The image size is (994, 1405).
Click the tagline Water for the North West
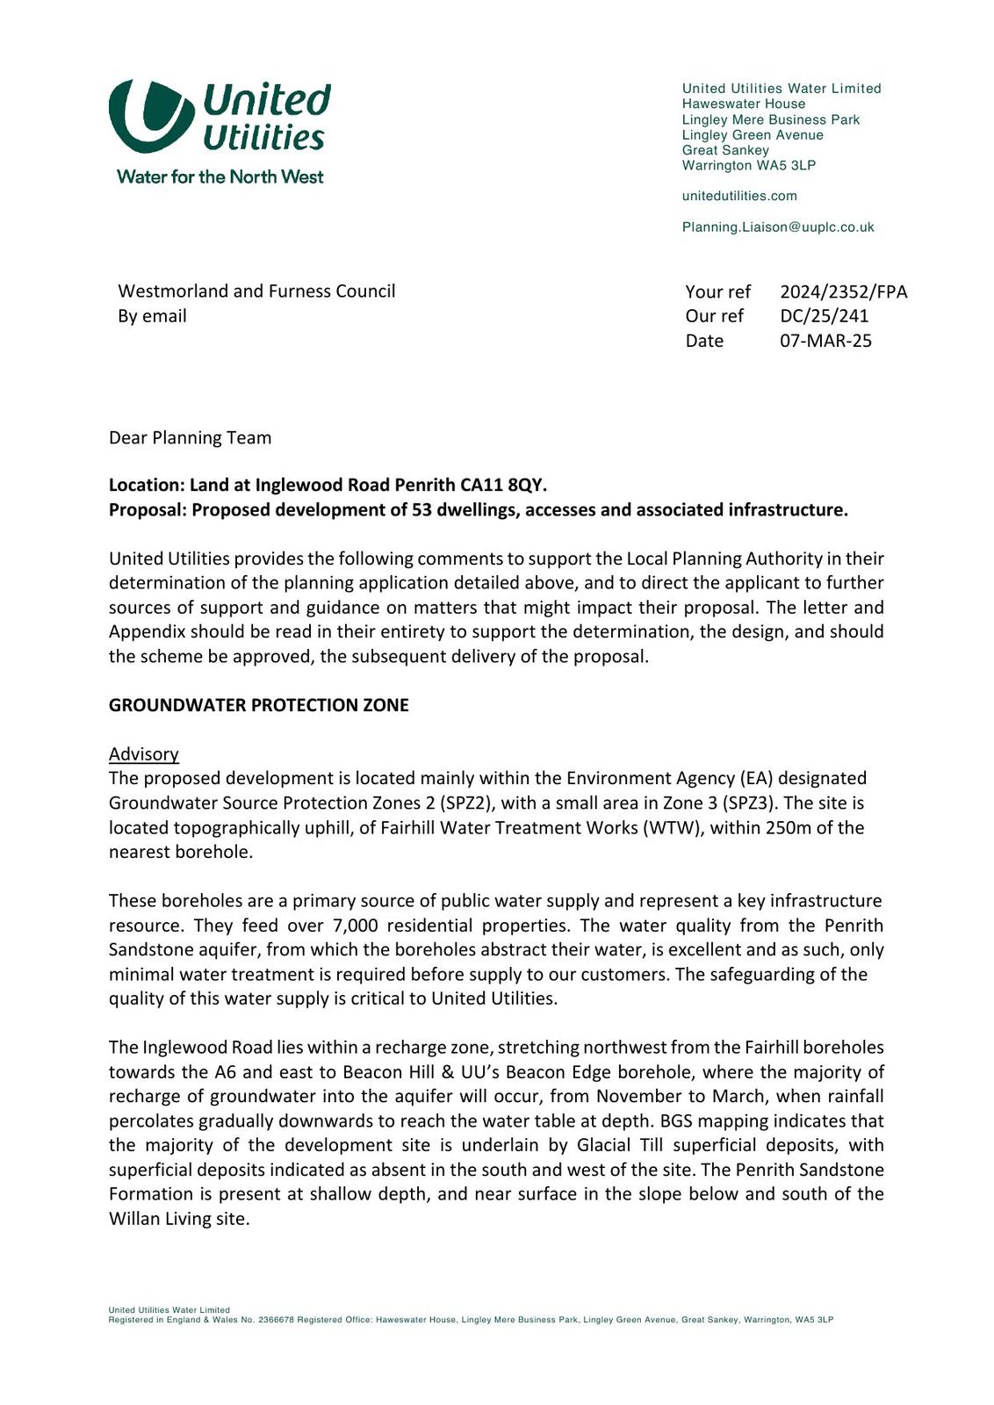click(x=220, y=177)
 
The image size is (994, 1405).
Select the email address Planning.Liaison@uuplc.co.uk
click(x=778, y=227)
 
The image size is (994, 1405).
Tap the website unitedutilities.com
click(x=739, y=196)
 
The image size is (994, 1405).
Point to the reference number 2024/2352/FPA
click(x=843, y=292)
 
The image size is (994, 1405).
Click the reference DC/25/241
click(x=824, y=316)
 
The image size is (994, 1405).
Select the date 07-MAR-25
click(x=825, y=341)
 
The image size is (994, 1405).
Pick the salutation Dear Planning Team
click(x=190, y=437)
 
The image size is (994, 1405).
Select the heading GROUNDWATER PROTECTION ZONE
click(x=258, y=705)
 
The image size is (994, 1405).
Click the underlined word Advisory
click(x=144, y=754)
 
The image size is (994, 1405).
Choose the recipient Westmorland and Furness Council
click(x=256, y=292)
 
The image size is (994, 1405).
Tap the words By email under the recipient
click(x=152, y=316)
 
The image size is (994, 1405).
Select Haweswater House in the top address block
click(x=743, y=104)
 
